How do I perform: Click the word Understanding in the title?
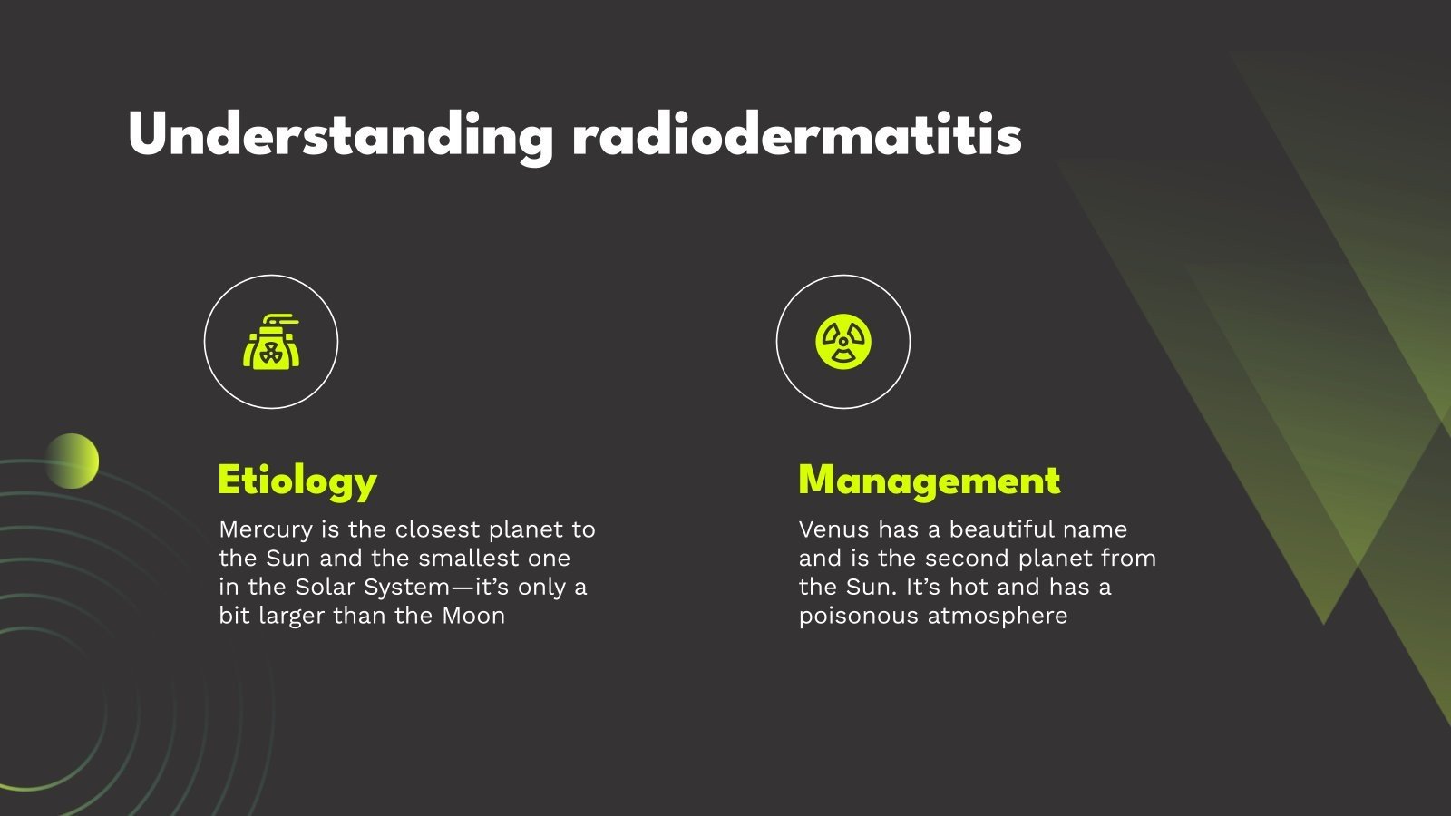pyautogui.click(x=340, y=137)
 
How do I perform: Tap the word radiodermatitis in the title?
pyautogui.click(x=797, y=137)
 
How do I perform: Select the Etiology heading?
pyautogui.click(x=297, y=481)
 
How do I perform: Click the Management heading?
pyautogui.click(x=929, y=481)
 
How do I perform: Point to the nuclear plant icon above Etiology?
pyautogui.click(x=271, y=342)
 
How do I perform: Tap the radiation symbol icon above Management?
pyautogui.click(x=843, y=342)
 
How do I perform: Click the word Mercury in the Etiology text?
pyautogui.click(x=266, y=529)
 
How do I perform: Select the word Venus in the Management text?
pyautogui.click(x=833, y=529)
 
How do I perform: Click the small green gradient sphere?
pyautogui.click(x=72, y=461)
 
